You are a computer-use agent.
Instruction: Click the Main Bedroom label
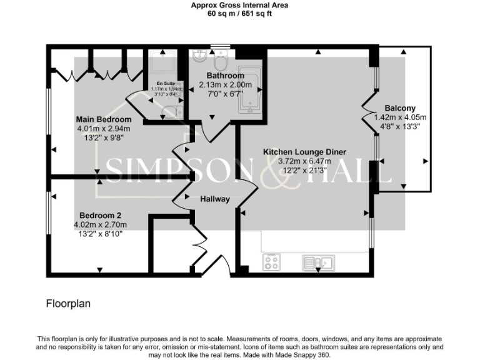click(x=104, y=119)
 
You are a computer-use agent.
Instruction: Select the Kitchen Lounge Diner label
click(x=304, y=152)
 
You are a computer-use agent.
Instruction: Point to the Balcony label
click(x=400, y=108)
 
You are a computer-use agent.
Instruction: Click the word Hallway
click(x=214, y=199)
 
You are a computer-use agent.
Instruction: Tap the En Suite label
click(x=166, y=82)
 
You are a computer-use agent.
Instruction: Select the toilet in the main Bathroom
click(x=220, y=63)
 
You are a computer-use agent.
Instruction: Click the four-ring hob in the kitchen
click(x=271, y=262)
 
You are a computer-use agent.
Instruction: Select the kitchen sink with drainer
click(x=318, y=262)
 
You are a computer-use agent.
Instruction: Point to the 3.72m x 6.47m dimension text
click(x=304, y=161)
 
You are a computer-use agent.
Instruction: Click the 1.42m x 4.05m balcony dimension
click(x=400, y=117)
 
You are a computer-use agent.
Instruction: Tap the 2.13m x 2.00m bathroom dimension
click(x=225, y=85)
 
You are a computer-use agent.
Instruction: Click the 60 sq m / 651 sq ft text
click(x=239, y=13)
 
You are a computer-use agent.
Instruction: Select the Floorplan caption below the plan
click(x=69, y=304)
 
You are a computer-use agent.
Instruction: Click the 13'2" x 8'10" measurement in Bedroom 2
click(x=99, y=234)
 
